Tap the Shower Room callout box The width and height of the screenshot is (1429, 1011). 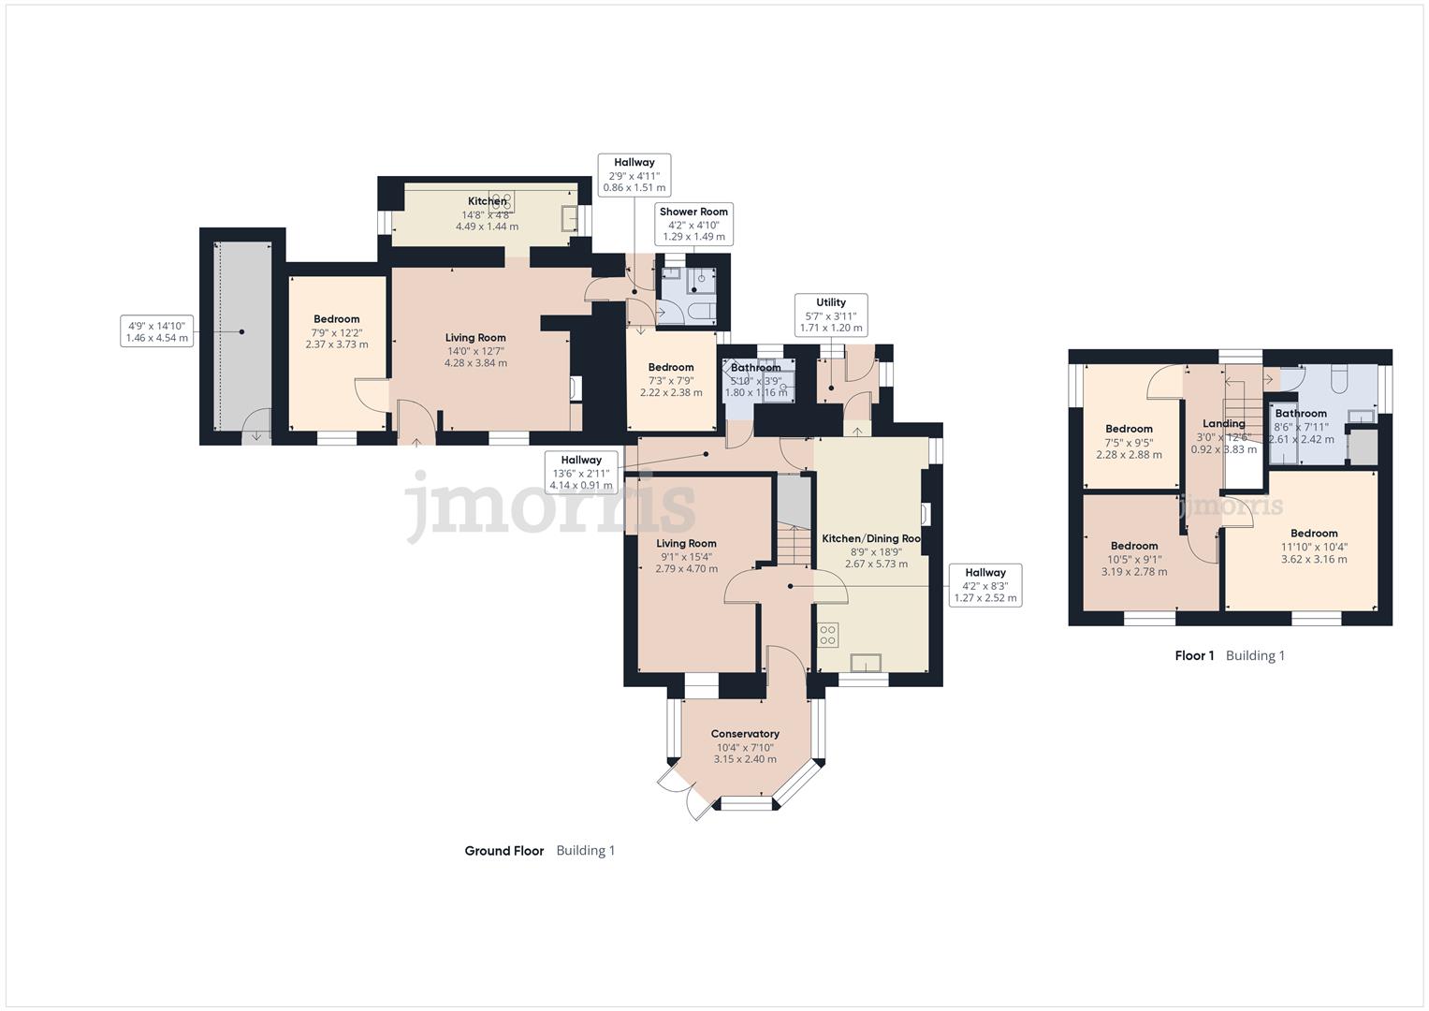point(693,224)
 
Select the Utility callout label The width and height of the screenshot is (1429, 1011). point(830,315)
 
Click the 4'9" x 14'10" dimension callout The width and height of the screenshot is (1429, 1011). point(157,331)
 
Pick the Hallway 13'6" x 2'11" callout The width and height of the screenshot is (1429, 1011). point(581,472)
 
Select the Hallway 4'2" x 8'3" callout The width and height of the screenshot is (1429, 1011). point(984,585)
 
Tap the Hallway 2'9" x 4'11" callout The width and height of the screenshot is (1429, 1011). point(634,175)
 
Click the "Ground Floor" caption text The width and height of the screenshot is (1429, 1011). point(504,851)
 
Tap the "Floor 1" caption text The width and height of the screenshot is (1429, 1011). point(1194,655)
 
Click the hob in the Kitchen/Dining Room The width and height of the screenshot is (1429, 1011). point(827,636)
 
